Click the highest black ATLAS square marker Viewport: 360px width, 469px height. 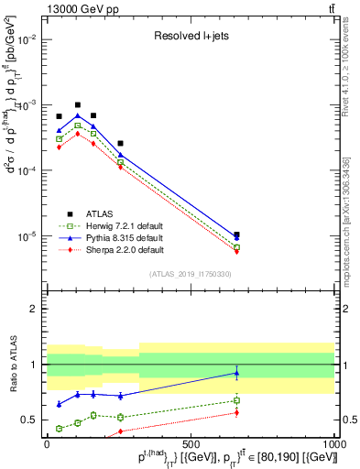(78, 105)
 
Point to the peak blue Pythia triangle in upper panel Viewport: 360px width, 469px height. (78, 115)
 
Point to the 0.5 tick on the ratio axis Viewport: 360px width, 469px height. (33, 420)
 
